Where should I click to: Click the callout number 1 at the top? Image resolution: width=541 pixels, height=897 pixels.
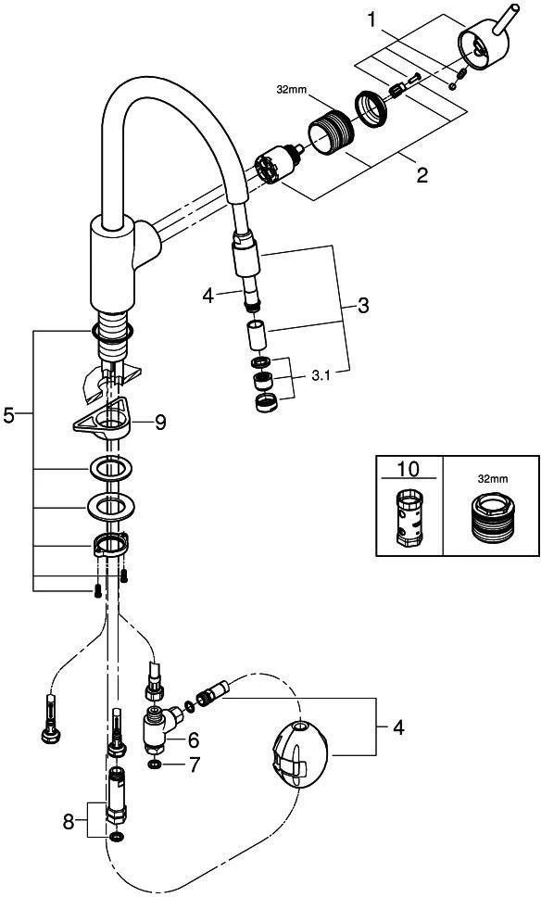[x=372, y=20]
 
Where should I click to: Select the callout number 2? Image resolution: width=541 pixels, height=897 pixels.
[x=422, y=174]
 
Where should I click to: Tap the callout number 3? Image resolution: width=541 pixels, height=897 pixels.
[x=363, y=305]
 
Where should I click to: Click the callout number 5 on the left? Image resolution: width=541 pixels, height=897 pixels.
[x=8, y=415]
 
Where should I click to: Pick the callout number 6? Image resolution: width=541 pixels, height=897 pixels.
[x=194, y=740]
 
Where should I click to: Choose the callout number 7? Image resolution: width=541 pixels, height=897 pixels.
[x=195, y=764]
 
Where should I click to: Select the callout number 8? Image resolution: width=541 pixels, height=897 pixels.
[x=69, y=823]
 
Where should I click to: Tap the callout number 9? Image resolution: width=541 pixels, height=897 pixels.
[x=160, y=423]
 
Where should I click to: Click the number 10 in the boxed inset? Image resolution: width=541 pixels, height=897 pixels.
[x=409, y=469]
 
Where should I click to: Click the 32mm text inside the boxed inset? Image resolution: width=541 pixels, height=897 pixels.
[x=492, y=479]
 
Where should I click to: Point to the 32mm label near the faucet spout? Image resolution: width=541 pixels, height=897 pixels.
[x=292, y=90]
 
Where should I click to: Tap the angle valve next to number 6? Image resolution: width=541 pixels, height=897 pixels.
[x=160, y=727]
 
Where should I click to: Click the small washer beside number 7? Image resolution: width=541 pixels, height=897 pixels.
[x=154, y=764]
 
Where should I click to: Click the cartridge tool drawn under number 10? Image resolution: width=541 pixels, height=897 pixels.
[x=409, y=516]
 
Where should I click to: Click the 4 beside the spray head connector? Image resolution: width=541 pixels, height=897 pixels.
[x=208, y=296]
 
